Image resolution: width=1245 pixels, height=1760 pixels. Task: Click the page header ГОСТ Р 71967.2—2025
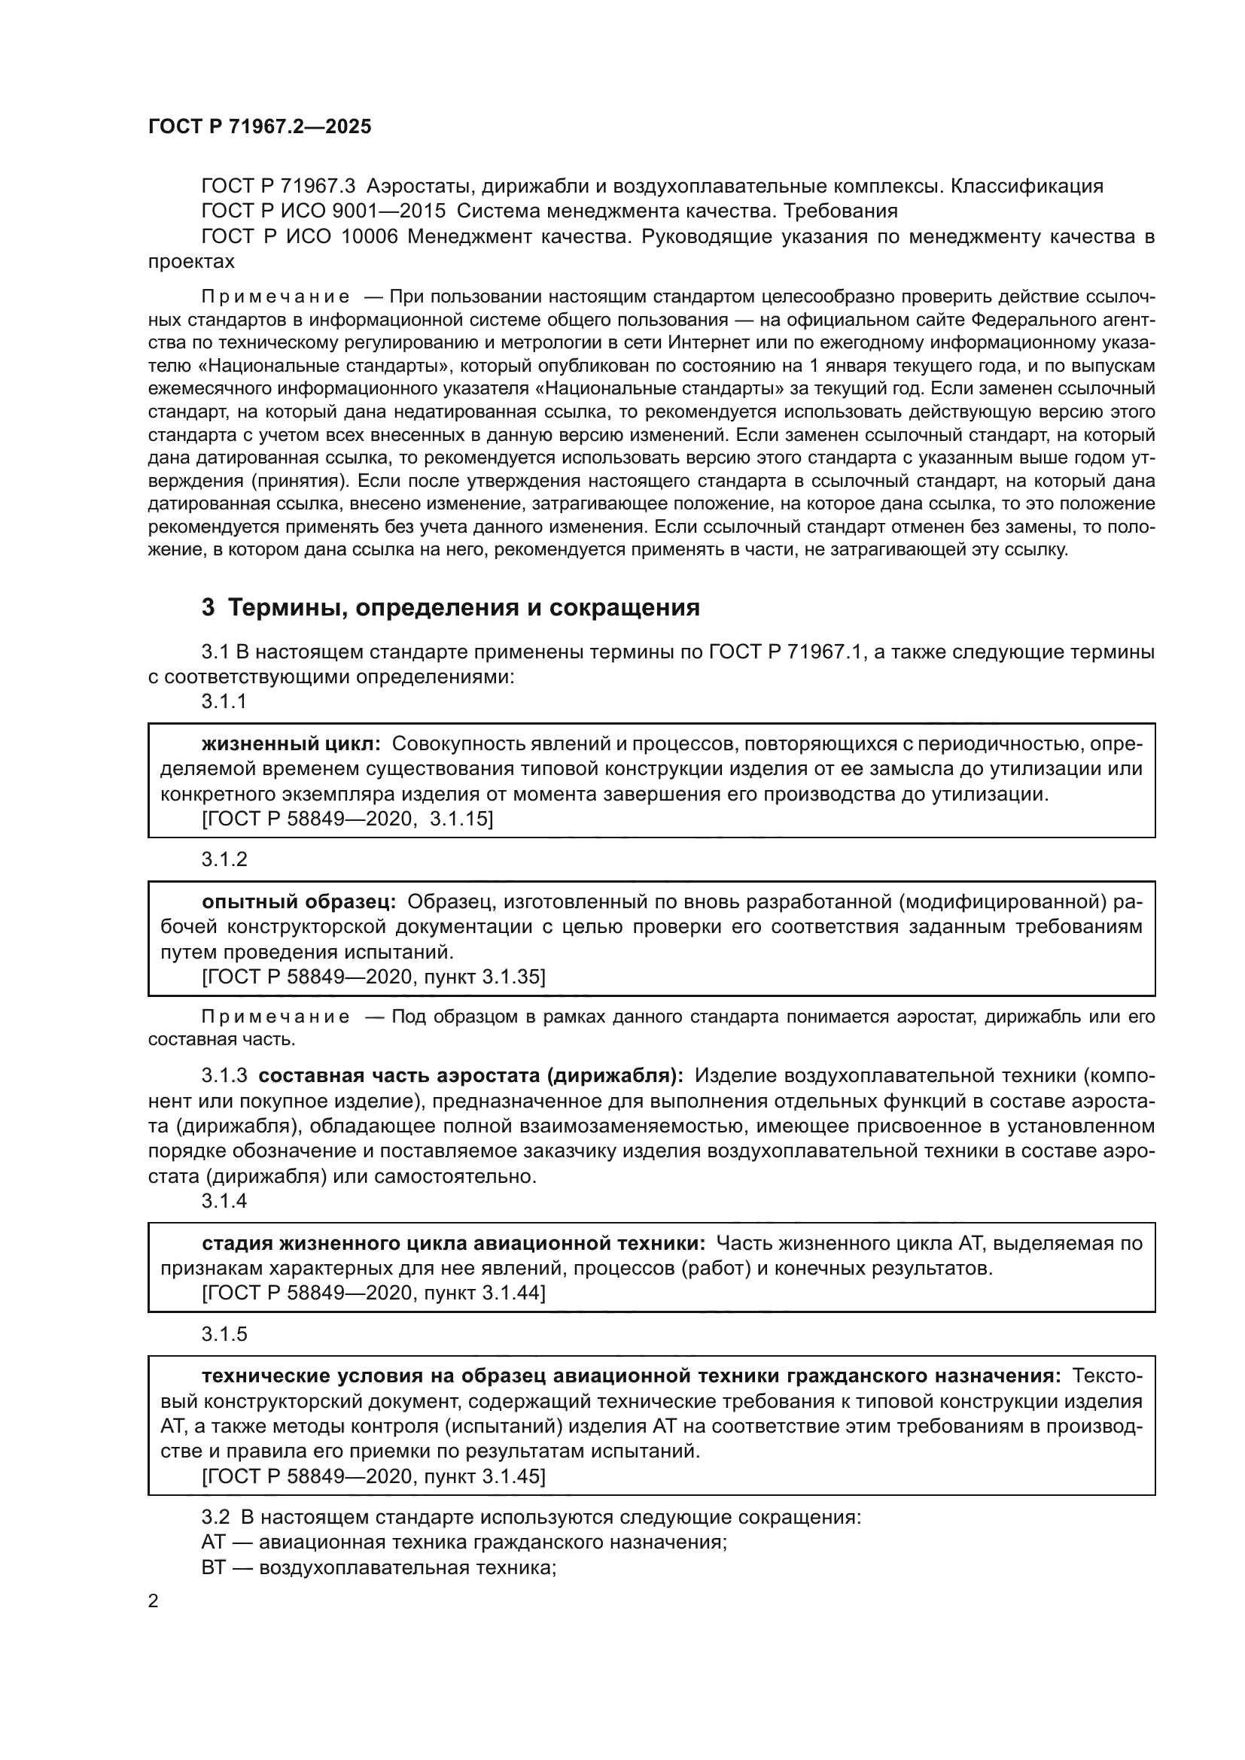259,126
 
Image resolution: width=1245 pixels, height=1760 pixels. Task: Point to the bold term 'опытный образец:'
299,901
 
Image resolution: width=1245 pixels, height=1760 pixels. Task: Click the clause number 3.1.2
224,859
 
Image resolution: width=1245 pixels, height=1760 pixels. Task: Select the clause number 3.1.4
224,1200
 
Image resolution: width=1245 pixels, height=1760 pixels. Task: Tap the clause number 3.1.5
224,1334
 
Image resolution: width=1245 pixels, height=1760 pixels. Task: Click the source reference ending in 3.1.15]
347,819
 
